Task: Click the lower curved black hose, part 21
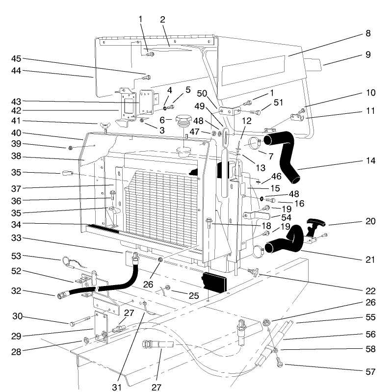285,242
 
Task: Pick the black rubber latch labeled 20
314,226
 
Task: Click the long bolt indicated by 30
80,323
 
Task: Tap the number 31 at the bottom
116,387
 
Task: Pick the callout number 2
162,20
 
